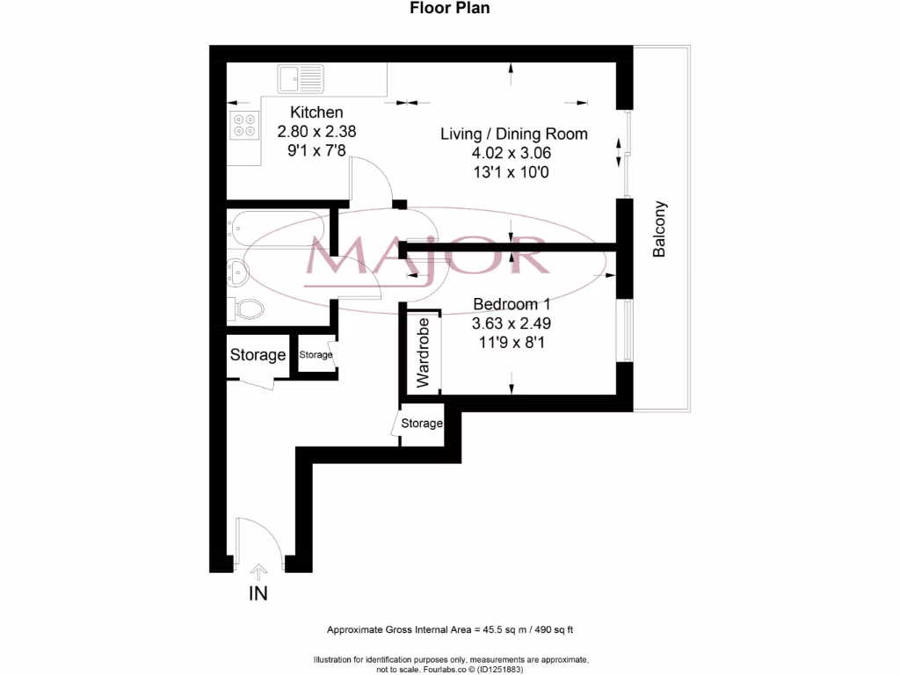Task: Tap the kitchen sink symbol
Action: click(301, 79)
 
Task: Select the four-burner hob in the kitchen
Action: click(243, 126)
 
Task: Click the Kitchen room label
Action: click(316, 112)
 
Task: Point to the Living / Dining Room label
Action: click(513, 134)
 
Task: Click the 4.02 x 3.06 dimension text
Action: click(513, 152)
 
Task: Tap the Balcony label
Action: click(659, 230)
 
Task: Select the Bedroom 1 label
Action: click(512, 304)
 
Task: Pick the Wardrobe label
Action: click(423, 352)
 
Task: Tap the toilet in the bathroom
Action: click(247, 308)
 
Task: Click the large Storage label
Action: click(258, 355)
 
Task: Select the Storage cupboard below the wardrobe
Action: click(422, 424)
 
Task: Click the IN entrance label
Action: click(258, 594)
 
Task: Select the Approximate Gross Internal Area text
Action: click(450, 630)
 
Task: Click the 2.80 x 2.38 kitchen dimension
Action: click(316, 131)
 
